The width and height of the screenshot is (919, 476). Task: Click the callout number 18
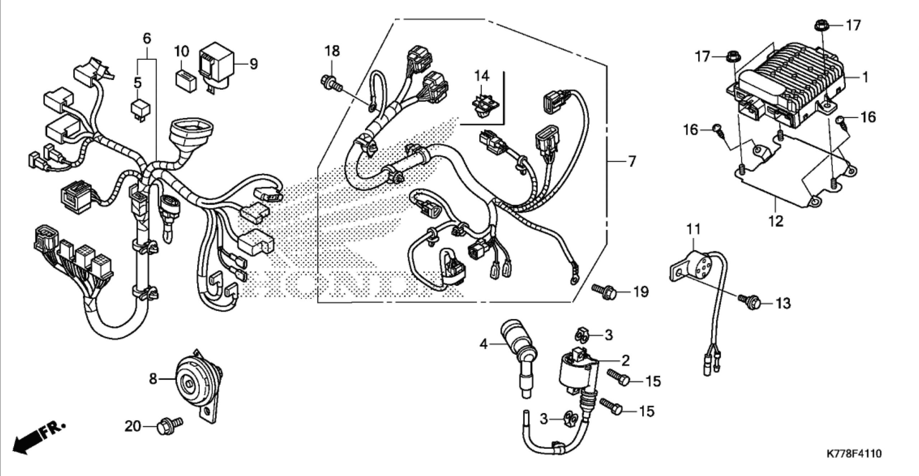point(332,51)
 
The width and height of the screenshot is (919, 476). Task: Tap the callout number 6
point(147,38)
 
